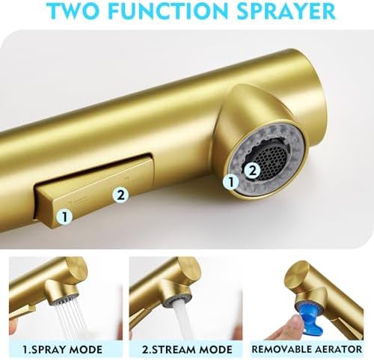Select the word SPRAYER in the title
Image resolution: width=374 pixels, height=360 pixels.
(286, 10)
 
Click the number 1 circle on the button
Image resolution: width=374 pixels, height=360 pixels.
(64, 216)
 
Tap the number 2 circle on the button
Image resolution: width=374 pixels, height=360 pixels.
(120, 195)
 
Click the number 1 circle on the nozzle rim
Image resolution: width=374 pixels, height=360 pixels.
(231, 182)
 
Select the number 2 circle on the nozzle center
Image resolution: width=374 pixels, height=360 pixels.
(253, 171)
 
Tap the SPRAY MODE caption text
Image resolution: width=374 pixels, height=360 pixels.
(62, 350)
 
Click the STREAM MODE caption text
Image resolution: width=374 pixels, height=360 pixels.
(187, 350)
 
